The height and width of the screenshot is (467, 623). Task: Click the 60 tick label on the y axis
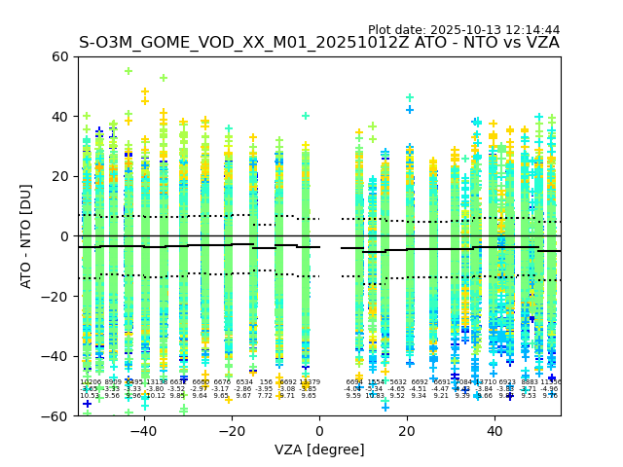coord(61,56)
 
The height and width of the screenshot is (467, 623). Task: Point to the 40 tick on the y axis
coord(61,117)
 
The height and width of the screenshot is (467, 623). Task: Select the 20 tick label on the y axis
coord(61,176)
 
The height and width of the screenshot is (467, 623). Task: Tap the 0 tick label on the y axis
coord(65,236)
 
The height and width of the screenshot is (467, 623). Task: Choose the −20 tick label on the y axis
coord(56,297)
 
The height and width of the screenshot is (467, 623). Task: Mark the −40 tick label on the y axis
coord(56,356)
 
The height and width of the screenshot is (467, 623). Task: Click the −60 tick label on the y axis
coord(56,416)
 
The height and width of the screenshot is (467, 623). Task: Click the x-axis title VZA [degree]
coord(319,449)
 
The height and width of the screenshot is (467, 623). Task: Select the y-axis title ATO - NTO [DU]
coord(26,236)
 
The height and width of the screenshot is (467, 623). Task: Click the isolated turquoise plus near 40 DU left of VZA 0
coord(306,116)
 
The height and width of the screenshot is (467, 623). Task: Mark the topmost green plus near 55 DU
coord(128,71)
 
